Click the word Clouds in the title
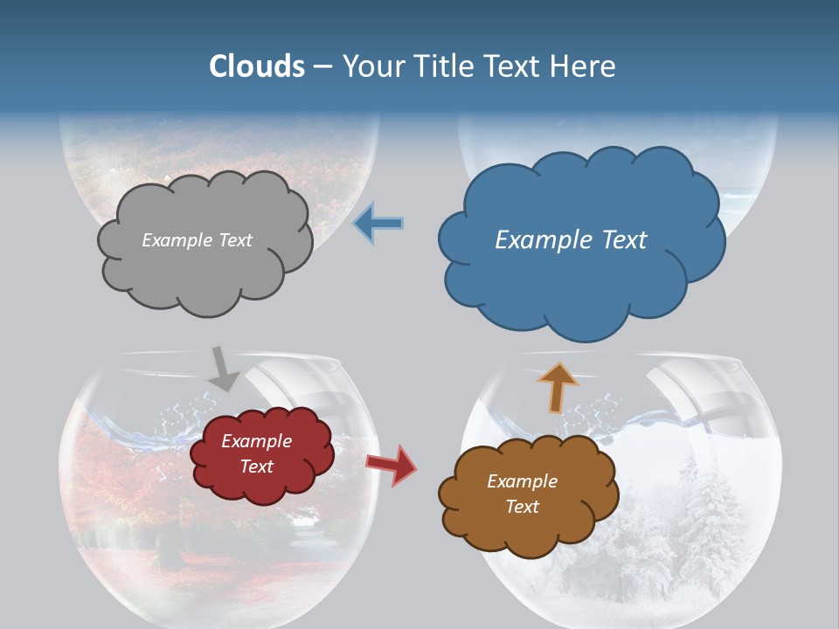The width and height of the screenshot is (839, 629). tap(257, 66)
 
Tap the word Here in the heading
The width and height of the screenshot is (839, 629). tap(584, 66)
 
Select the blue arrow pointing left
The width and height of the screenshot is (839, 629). tap(378, 224)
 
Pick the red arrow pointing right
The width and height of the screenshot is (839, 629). tap(392, 464)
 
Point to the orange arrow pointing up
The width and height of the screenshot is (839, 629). tap(557, 387)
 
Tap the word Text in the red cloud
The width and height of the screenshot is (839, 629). tap(257, 467)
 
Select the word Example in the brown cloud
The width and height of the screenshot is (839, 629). tap(522, 481)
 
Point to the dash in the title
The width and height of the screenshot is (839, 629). tap(322, 66)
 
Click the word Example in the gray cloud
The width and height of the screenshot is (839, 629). tap(177, 240)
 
